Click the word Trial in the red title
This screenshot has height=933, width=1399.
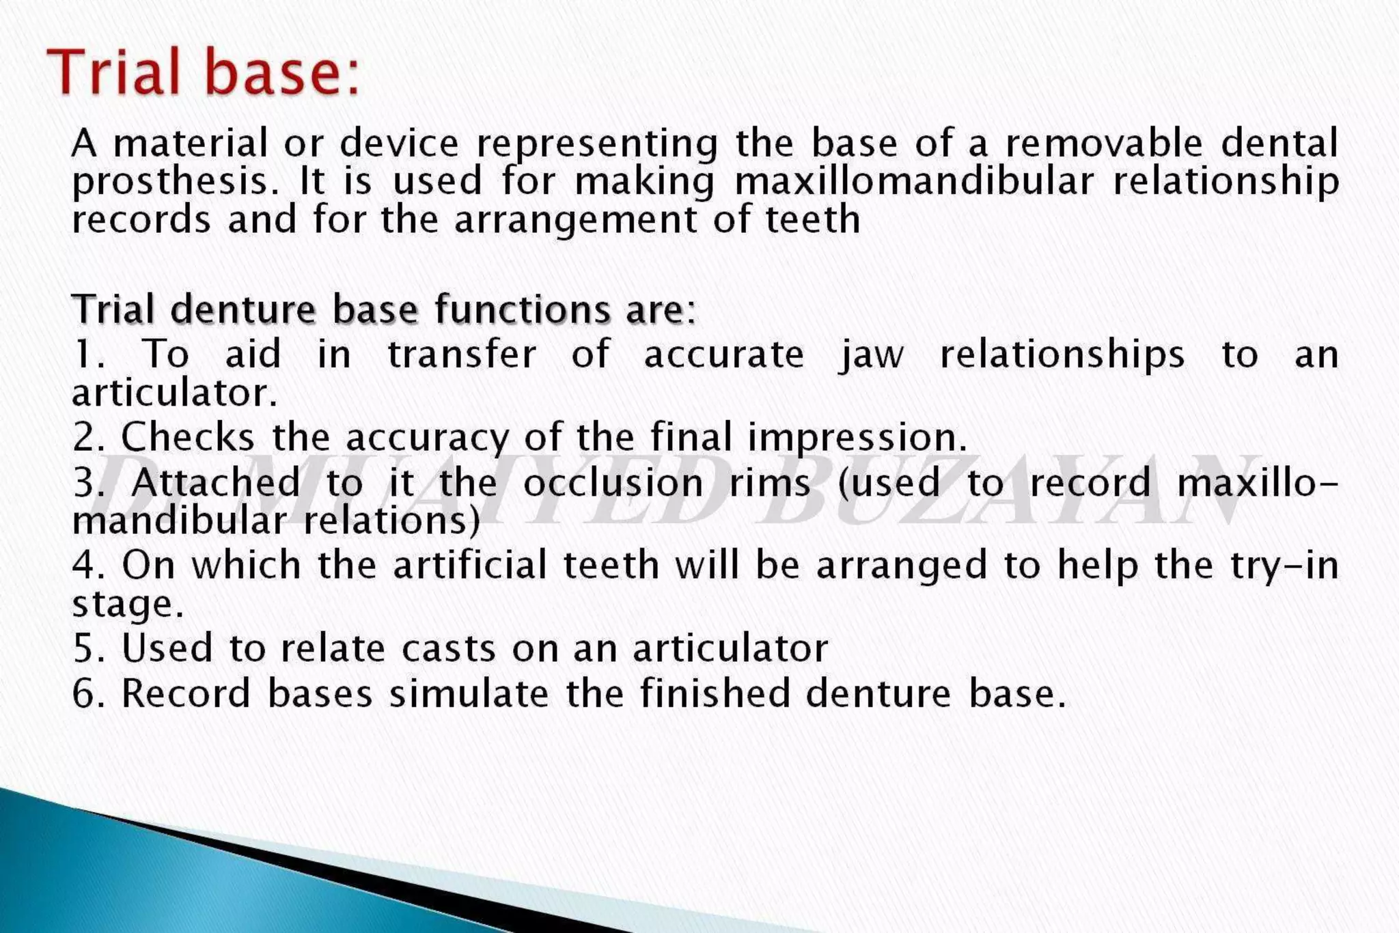coord(114,72)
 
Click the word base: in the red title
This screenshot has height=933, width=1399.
coord(282,72)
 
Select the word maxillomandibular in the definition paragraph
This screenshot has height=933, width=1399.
coord(914,182)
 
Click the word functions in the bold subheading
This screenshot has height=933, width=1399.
coord(523,309)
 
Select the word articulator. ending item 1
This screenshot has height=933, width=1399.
coord(175,393)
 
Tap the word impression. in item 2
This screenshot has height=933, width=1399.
coord(858,438)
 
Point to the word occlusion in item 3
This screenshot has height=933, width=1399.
coord(613,483)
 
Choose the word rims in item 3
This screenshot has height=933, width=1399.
coord(770,483)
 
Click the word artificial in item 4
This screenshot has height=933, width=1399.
coord(469,566)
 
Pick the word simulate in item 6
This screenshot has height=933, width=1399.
coord(469,693)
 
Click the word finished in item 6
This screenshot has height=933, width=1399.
coord(715,693)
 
